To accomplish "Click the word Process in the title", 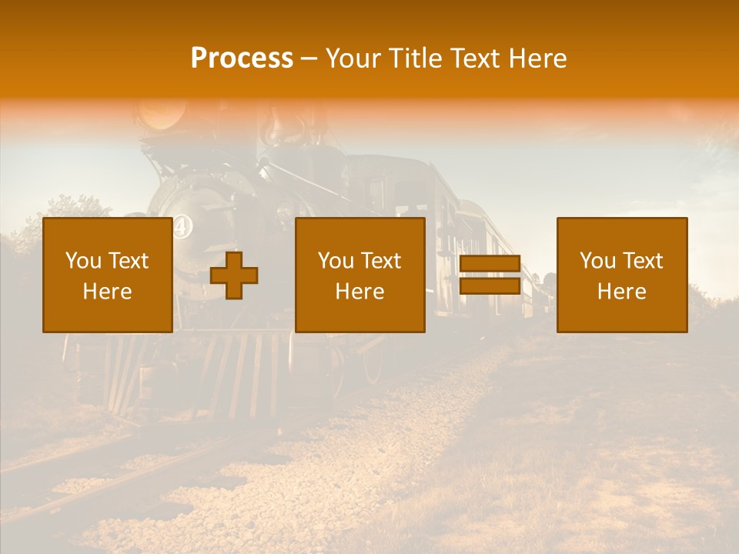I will click(242, 58).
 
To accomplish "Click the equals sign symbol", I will click(490, 275).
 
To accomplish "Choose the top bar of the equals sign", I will click(490, 264).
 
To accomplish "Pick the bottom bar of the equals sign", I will click(490, 287).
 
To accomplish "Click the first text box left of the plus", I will click(107, 275).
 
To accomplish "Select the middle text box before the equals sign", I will click(359, 275).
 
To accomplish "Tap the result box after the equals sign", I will click(621, 275).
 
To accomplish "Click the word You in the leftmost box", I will click(83, 261).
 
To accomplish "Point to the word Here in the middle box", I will click(359, 292).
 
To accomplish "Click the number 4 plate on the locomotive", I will click(181, 226).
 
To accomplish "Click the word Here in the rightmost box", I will click(621, 292).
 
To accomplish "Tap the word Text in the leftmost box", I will click(129, 261).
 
